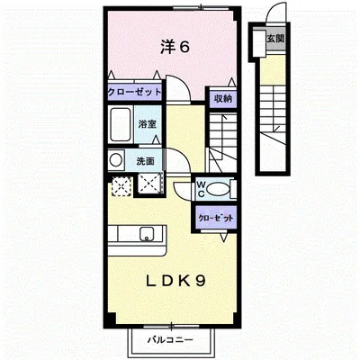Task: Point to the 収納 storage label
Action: pyautogui.click(x=222, y=98)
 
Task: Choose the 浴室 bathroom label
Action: pyautogui.click(x=148, y=123)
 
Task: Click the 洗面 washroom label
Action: pyautogui.click(x=145, y=160)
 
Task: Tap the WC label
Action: pyautogui.click(x=203, y=188)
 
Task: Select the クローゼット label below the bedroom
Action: pyautogui.click(x=134, y=91)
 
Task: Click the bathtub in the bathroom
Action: pyautogui.click(x=121, y=125)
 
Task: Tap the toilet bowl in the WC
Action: pyautogui.click(x=223, y=190)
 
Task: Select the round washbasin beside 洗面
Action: pyautogui.click(x=116, y=160)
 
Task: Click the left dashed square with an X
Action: pyautogui.click(x=121, y=186)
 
